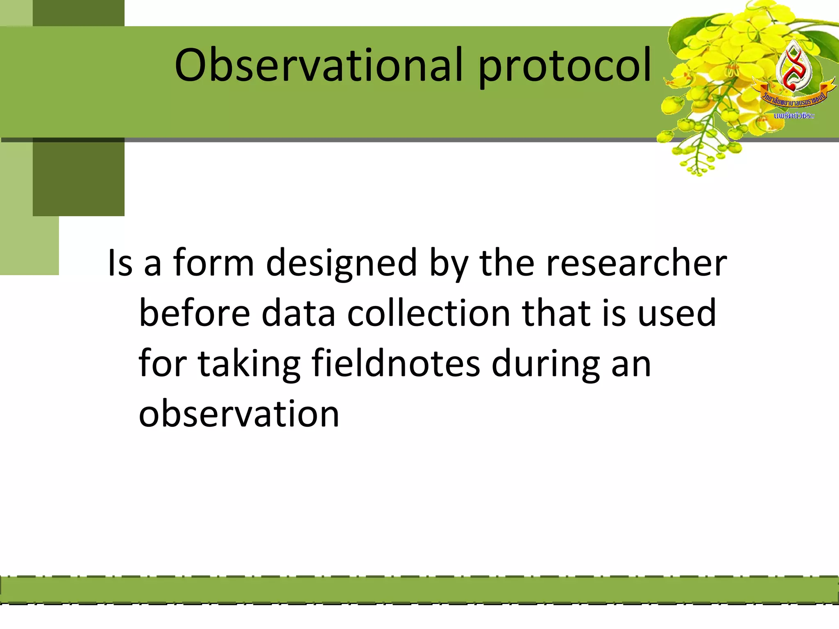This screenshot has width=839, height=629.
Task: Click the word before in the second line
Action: point(195,313)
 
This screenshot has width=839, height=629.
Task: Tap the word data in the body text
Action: point(298,313)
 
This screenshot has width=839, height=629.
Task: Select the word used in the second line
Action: point(677,313)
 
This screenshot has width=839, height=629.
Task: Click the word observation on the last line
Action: point(239,414)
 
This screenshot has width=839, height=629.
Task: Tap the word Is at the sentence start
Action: point(120,263)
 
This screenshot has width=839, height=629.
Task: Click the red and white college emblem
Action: point(794,68)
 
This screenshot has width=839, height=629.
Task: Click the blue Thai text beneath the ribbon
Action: point(794,116)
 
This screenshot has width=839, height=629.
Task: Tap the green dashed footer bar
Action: point(419,590)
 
